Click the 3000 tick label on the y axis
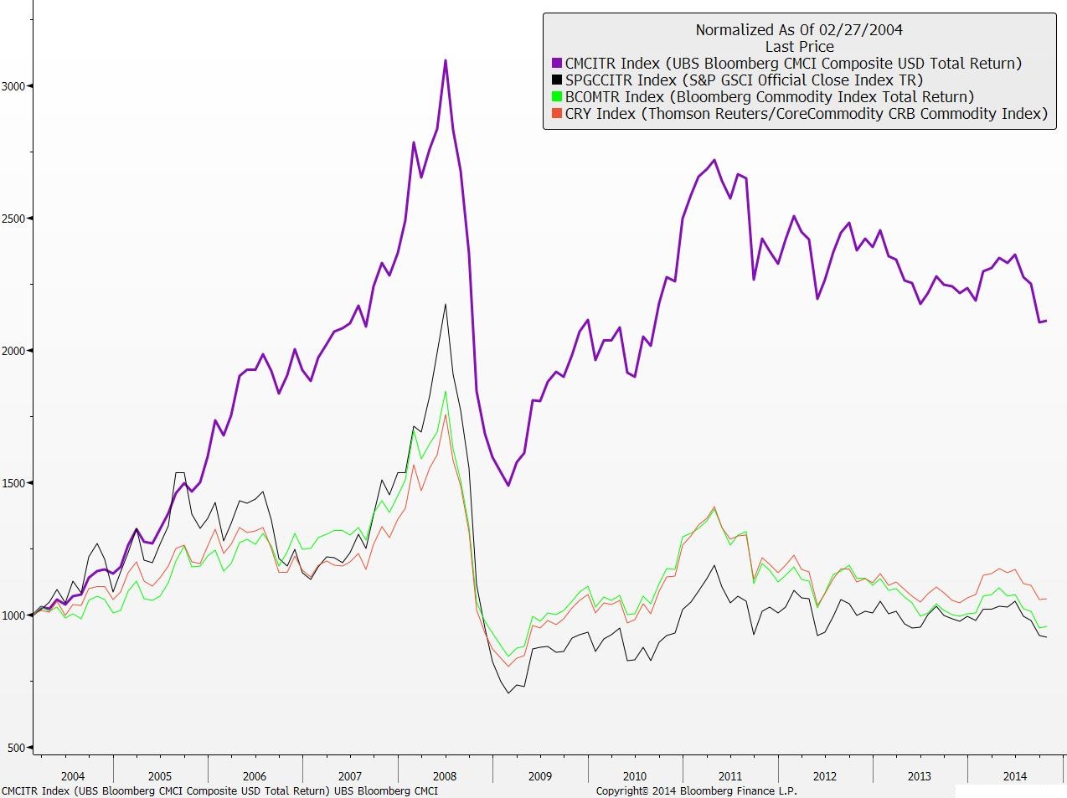14,86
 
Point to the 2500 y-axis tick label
14,219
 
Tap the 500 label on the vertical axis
18,748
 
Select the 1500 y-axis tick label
14,483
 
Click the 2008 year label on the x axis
445,776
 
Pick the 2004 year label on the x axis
73,776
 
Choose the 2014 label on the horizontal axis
1014,776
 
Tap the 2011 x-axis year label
729,776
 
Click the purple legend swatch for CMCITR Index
557,64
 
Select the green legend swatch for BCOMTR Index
557,97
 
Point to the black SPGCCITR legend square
557,80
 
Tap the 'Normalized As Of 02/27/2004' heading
799,30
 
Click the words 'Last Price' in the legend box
799,47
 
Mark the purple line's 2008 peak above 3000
446,60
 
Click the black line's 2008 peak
445,305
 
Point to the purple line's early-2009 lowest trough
508,485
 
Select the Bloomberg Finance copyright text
696,790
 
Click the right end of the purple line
1046,321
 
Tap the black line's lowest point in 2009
508,692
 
